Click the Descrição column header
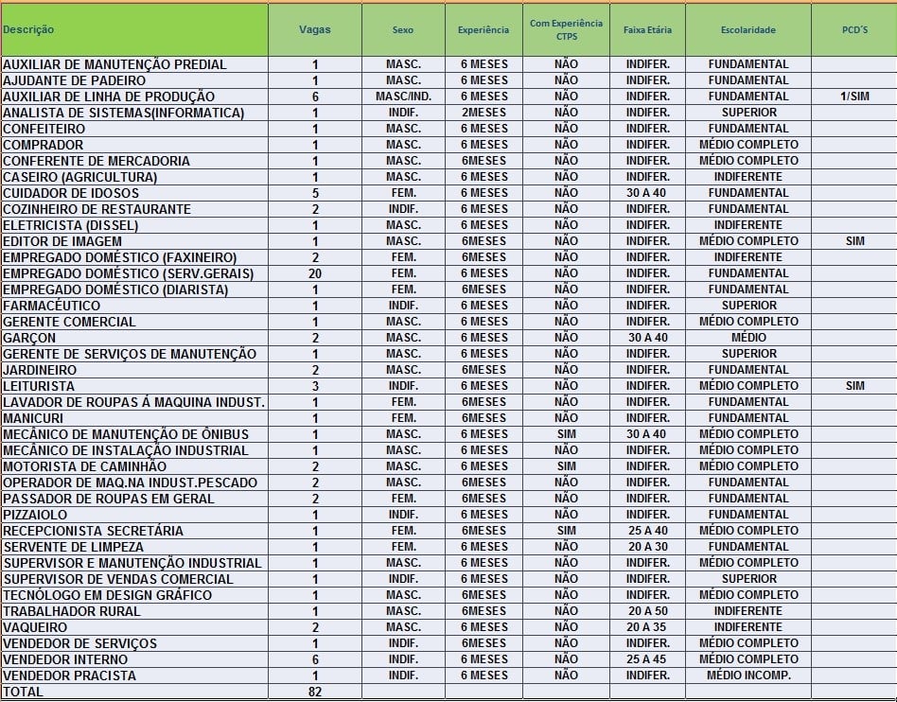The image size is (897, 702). (28, 29)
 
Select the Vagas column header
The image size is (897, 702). (314, 29)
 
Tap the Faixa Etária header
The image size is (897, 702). (647, 30)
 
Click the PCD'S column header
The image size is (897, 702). (854, 30)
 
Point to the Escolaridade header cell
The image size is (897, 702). (747, 30)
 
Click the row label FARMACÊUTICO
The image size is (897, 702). (51, 306)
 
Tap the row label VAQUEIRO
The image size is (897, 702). (35, 627)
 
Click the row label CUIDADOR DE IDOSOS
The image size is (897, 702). (71, 193)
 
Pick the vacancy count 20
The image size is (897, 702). (315, 273)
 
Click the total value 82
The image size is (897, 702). (315, 692)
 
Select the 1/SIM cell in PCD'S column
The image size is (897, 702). (853, 97)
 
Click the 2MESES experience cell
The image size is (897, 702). (484, 113)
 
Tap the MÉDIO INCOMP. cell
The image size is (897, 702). (747, 676)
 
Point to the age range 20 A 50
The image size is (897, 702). (647, 611)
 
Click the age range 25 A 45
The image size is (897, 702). (647, 659)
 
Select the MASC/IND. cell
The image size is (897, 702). (403, 97)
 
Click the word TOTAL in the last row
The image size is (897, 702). (23, 692)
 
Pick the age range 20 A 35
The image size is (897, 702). (647, 627)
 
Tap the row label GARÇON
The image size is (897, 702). (29, 338)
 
